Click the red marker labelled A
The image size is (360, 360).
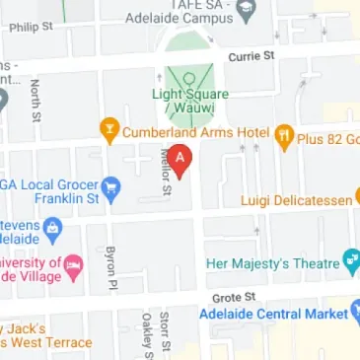pos(180,159)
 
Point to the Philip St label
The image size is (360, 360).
pos(29,28)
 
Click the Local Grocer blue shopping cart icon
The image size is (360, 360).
pos(110,184)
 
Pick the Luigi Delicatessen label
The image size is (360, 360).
pos(298,200)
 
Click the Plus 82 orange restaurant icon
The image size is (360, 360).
pos(283,133)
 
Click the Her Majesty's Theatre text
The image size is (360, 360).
pos(272,263)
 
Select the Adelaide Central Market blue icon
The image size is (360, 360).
pos(353,313)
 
